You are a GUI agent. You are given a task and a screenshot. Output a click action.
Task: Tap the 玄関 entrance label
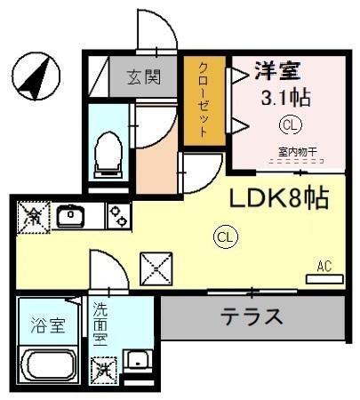(x=143, y=76)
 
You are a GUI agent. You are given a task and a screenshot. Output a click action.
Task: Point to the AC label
(x=324, y=265)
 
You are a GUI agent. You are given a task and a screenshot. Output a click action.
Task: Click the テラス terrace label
(x=252, y=316)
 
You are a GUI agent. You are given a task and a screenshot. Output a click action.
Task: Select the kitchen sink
(x=69, y=215)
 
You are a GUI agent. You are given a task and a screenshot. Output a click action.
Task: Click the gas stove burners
(x=117, y=215)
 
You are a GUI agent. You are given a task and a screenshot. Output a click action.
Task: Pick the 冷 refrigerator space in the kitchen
(x=33, y=215)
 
